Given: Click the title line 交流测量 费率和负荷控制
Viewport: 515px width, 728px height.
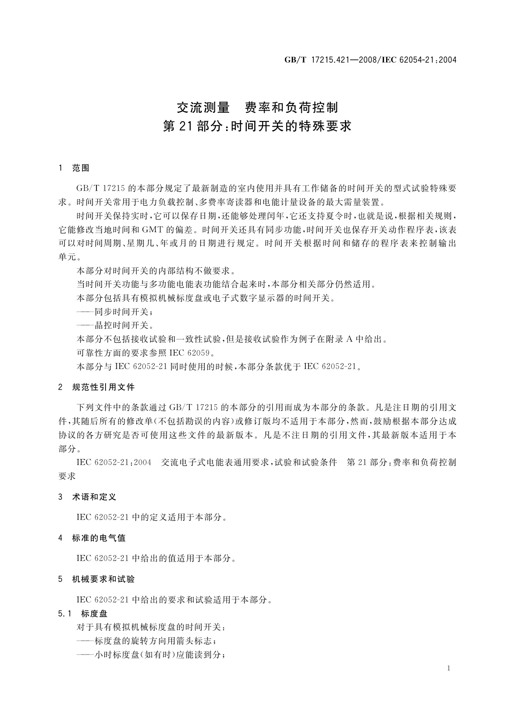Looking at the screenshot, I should [258, 107].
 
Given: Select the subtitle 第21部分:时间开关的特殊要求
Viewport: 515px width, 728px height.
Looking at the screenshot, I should [258, 126].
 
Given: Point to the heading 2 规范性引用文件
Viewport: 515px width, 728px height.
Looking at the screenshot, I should [96, 387].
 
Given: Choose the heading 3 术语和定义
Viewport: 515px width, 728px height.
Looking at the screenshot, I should [87, 497].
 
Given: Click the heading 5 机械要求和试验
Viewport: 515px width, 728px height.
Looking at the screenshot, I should [96, 579].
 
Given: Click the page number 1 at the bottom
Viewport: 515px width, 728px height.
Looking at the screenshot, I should [448, 668].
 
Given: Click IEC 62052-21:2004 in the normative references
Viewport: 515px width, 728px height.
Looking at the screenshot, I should [114, 463].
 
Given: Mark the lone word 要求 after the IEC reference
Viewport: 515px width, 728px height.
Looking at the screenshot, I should [67, 476].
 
